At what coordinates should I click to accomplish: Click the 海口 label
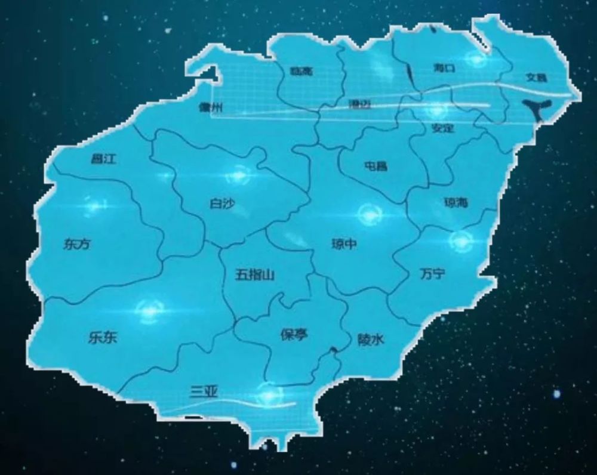click(x=444, y=68)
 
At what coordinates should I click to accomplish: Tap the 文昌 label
click(x=536, y=78)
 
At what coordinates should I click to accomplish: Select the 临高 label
click(x=301, y=72)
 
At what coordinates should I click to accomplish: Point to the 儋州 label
click(x=211, y=108)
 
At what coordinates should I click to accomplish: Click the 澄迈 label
click(x=359, y=104)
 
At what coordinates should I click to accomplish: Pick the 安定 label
click(x=442, y=128)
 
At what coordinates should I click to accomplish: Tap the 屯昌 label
click(x=376, y=166)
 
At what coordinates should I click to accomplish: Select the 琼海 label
click(x=456, y=203)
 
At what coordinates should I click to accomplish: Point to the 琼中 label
click(x=344, y=243)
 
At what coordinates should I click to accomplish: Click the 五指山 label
click(x=254, y=274)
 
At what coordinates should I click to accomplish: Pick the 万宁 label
click(x=432, y=274)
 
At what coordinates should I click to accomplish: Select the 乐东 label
click(x=102, y=338)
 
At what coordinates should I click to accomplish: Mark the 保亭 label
click(x=294, y=334)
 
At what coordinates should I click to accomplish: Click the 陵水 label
click(x=371, y=340)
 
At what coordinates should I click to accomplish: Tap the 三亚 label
click(x=204, y=391)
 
